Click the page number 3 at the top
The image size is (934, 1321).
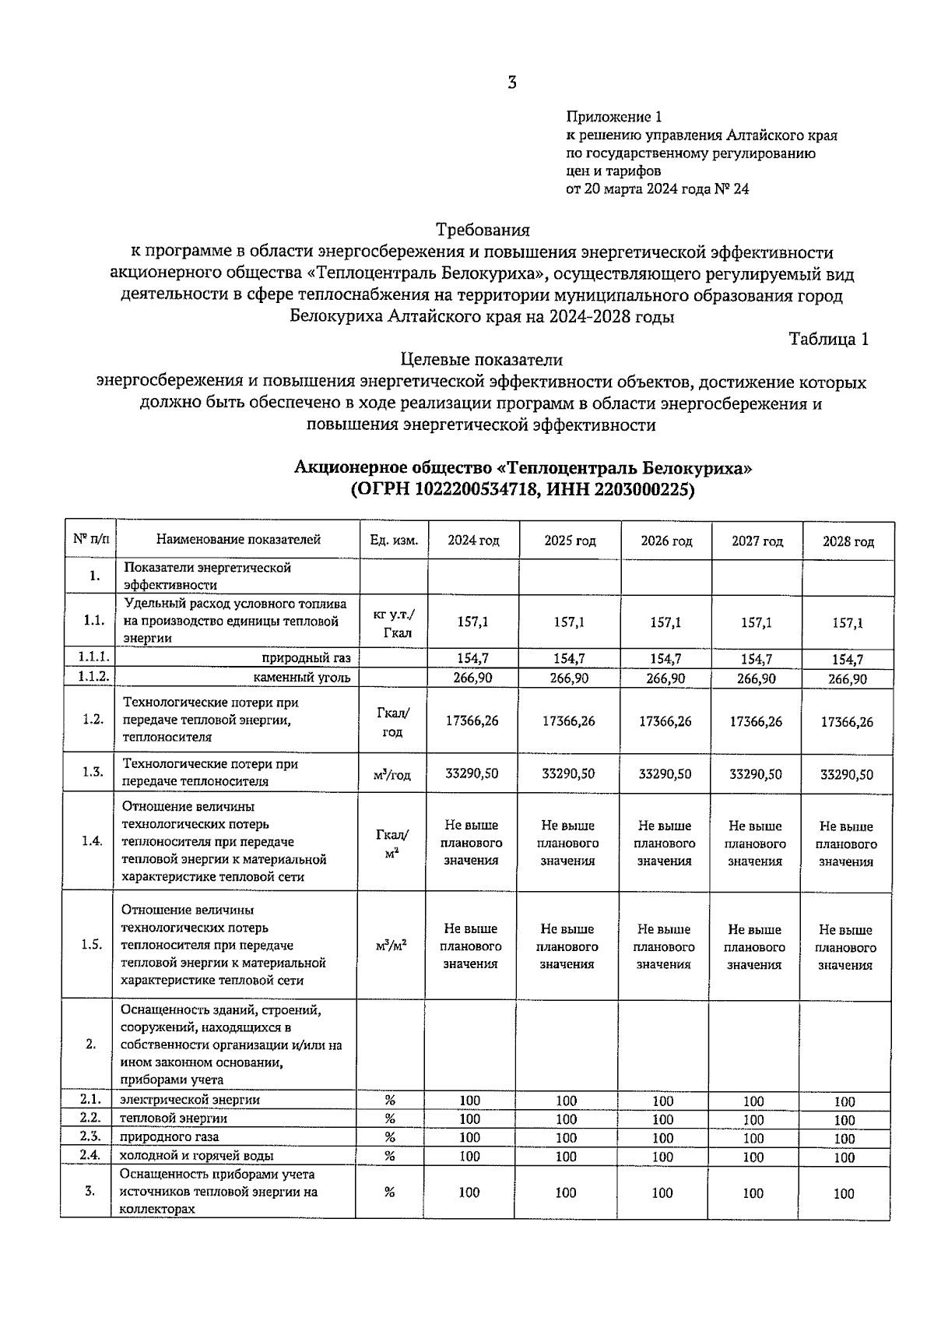511,83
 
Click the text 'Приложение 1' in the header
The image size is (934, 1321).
613,118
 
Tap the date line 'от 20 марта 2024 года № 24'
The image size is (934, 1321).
657,188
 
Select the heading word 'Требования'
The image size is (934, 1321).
483,231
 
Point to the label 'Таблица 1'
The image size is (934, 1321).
828,339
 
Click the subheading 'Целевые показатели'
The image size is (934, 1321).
481,360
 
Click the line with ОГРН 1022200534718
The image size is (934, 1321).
522,490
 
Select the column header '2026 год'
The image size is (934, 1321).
666,541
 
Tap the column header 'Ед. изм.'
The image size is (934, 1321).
394,540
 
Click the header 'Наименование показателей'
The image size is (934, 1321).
238,539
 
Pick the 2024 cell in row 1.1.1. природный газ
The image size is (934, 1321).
472,659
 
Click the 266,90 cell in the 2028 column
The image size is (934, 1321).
847,678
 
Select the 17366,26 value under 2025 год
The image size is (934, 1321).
569,720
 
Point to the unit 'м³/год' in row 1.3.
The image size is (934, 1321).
393,774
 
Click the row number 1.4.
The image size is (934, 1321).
92,841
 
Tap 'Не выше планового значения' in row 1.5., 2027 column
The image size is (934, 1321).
754,947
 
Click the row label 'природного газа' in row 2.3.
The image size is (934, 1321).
169,1136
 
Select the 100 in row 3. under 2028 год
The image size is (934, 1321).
844,1193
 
